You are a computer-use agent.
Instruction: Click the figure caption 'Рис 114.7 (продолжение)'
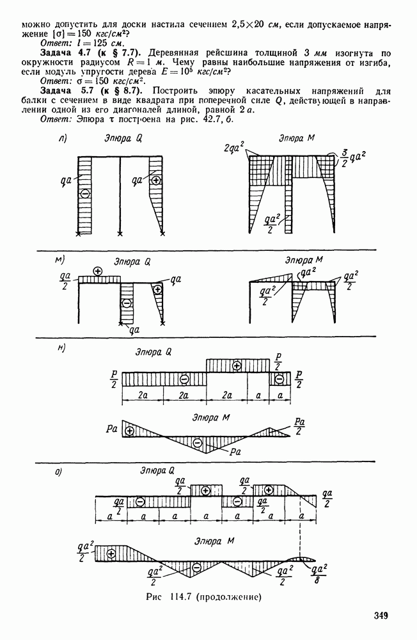[x=203, y=597]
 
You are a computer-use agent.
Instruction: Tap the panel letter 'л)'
[x=63, y=139]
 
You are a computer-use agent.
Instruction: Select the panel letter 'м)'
[x=60, y=260]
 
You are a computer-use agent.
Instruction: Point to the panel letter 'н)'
[x=61, y=348]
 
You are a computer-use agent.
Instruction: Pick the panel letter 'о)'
[x=59, y=472]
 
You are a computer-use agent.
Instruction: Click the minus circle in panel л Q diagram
[x=84, y=194]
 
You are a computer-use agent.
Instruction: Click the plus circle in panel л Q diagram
[x=155, y=180]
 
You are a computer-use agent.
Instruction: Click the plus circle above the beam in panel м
[x=97, y=271]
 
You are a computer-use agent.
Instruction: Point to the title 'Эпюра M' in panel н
[x=211, y=417]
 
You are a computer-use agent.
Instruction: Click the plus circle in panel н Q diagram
[x=236, y=365]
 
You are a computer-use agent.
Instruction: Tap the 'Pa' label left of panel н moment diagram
[x=111, y=429]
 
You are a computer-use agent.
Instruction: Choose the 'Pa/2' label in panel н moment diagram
[x=299, y=426]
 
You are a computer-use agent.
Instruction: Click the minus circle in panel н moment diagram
[x=198, y=442]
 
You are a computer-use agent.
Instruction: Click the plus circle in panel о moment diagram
[x=111, y=554]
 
